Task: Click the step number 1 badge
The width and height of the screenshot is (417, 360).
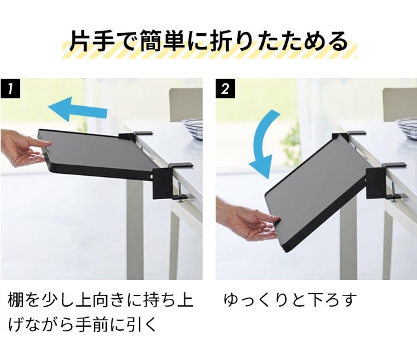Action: coord(10,89)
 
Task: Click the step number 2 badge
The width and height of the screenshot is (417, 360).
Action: coord(225,89)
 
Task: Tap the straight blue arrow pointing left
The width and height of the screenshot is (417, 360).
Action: coord(78,109)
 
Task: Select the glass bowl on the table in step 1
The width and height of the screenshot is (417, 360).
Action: coord(192,129)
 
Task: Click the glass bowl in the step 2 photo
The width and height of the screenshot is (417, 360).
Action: coord(406,128)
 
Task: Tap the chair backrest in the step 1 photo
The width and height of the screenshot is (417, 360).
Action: coord(186,105)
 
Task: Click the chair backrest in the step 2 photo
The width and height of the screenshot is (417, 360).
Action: coord(399,105)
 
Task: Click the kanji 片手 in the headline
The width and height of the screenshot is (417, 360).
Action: coord(92,41)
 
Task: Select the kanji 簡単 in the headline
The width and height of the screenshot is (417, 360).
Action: coord(162,41)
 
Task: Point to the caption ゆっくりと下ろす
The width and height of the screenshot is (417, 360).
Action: coord(290,300)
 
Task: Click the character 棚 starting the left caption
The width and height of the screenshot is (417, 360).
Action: coord(16,300)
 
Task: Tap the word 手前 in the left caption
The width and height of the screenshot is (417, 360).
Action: coord(91,324)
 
